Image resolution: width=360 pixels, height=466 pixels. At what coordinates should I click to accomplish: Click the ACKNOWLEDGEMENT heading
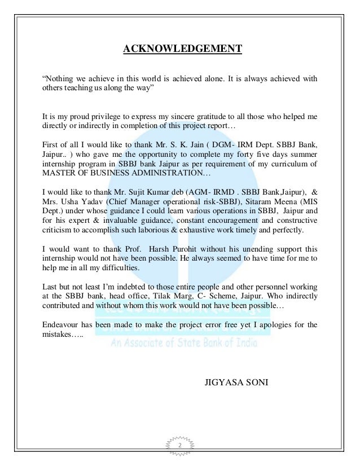182,49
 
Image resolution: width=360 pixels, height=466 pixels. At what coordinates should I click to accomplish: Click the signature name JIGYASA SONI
236,383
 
